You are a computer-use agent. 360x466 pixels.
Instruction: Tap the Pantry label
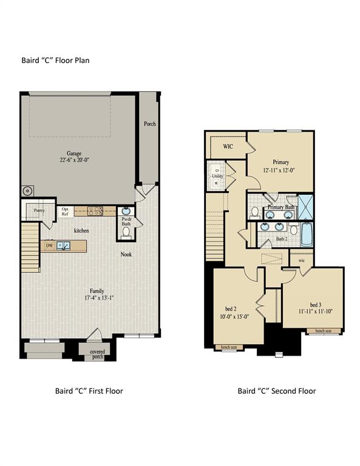click(39, 211)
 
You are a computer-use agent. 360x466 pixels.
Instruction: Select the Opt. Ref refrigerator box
click(65, 212)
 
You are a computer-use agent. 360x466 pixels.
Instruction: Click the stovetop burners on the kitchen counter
click(95, 211)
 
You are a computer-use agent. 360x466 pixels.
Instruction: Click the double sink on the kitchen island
click(64, 246)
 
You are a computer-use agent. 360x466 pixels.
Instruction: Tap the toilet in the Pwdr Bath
click(126, 231)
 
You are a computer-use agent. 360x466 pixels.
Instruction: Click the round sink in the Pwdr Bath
click(126, 211)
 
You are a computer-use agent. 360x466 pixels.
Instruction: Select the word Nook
click(126, 254)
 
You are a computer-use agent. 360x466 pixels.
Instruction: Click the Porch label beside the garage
click(149, 124)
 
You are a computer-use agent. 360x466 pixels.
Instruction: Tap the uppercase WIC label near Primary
click(228, 146)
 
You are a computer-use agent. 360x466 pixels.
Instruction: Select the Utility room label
click(218, 176)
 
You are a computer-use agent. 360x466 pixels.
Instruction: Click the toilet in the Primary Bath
click(255, 212)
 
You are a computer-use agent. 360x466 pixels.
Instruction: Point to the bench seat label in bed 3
click(319, 331)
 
